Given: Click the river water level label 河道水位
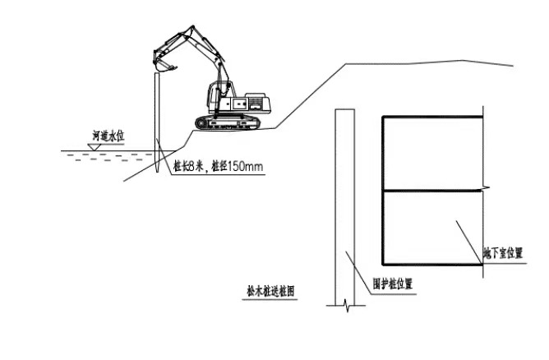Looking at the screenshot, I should tap(108, 134).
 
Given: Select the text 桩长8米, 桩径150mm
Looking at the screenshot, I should tap(218, 167).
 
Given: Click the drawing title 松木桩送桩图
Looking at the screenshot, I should tap(270, 290).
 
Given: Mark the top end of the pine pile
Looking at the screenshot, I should tap(156, 75).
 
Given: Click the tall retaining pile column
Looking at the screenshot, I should tap(344, 205).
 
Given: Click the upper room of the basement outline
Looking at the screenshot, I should tap(431, 154).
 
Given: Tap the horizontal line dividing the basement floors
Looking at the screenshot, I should tap(431, 192).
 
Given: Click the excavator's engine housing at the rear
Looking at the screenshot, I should tap(254, 103).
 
